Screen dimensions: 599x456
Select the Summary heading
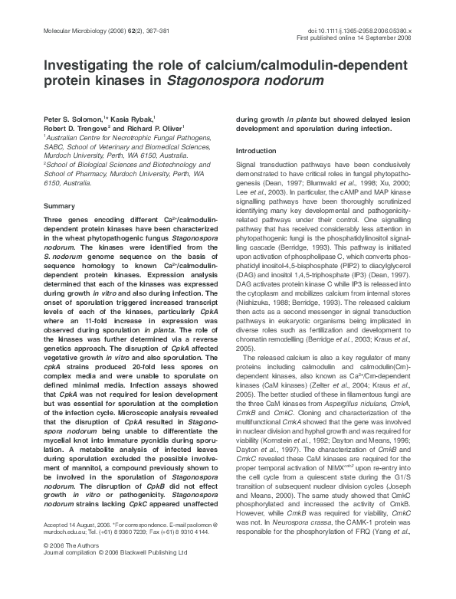point(59,207)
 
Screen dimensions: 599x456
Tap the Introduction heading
point(259,151)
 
